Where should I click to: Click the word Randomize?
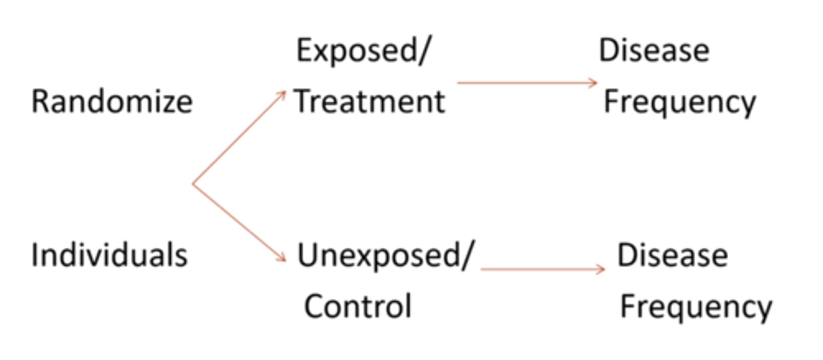112,102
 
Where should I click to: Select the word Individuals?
109,254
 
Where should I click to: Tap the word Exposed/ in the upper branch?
362,51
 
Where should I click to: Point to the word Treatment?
369,102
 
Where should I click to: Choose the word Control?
358,306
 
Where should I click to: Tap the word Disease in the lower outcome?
672,255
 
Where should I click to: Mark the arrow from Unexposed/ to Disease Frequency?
543,269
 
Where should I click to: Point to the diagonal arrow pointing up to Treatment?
239,137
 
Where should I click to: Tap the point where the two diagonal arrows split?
193,184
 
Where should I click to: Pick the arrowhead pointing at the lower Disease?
601,269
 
